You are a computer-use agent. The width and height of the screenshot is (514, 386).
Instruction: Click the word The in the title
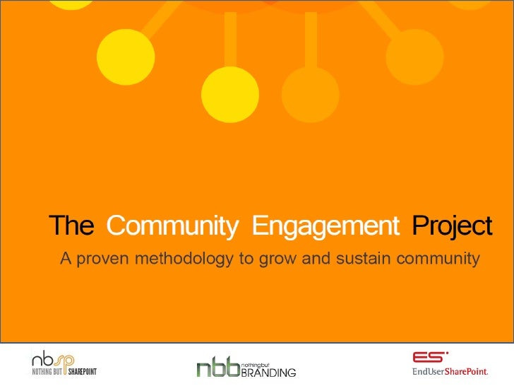click(71, 226)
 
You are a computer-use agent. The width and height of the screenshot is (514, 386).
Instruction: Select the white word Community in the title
click(172, 226)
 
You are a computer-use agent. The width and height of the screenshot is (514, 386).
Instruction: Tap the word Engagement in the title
click(325, 226)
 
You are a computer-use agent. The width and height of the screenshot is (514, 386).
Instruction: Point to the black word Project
click(451, 226)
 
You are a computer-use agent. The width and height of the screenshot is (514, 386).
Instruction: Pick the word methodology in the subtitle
click(186, 259)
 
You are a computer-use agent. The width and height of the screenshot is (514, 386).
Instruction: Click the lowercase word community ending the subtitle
click(438, 259)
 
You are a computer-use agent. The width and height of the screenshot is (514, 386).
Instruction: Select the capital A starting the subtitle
click(66, 259)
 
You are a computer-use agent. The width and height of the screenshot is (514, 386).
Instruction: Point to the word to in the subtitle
click(246, 259)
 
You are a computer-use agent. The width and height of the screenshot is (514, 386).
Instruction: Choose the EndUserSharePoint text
click(450, 373)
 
